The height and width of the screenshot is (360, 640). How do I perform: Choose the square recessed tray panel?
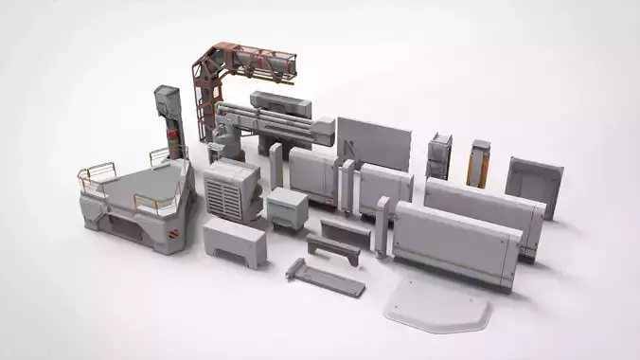(534, 184)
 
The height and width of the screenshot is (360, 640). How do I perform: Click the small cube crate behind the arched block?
(287, 207)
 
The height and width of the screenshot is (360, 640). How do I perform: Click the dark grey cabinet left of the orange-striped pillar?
(439, 155)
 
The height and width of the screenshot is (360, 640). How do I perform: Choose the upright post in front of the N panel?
(276, 165)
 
